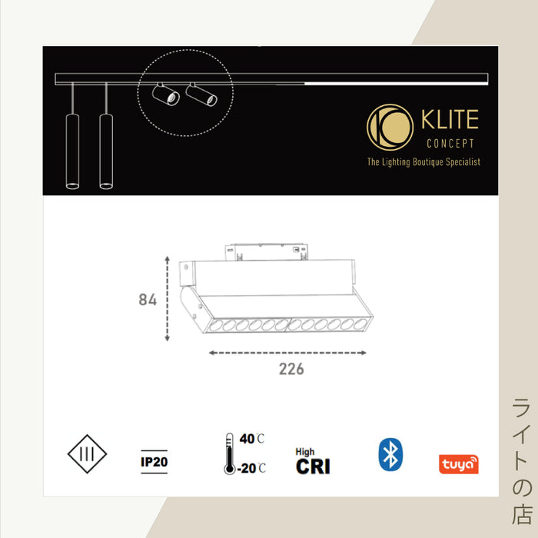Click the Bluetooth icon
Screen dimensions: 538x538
pos(390,454)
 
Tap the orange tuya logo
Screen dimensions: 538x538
pos(458,464)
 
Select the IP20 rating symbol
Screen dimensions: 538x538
pos(154,462)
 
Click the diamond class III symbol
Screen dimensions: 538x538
pos(87,454)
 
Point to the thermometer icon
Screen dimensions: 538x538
pos(229,453)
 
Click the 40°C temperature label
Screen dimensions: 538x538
pos(252,439)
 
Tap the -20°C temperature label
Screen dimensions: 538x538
pos(251,468)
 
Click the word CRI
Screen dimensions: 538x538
pos(313,467)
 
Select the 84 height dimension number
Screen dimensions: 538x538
pos(148,300)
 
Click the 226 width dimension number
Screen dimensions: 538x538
pos(291,369)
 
